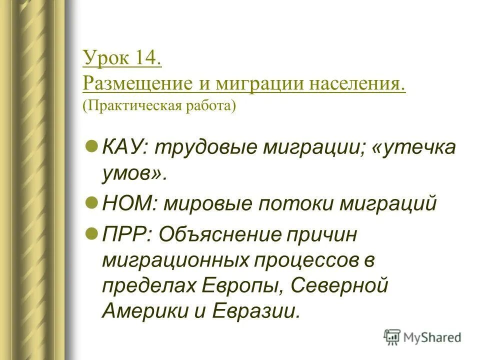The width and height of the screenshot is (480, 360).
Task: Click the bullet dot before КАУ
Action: [x=91, y=144]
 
